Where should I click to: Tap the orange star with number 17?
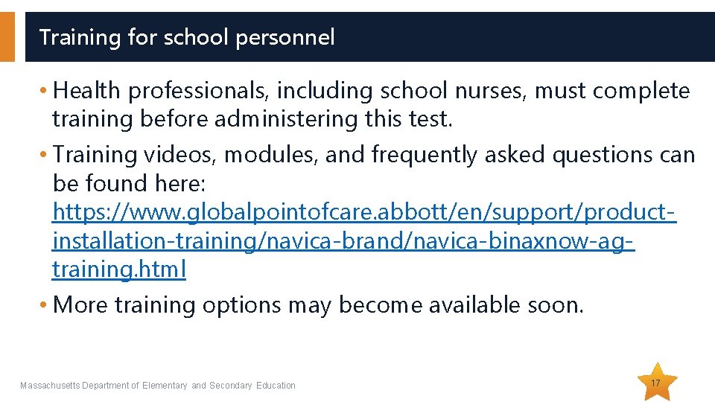point(656,383)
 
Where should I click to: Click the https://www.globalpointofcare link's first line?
point(363,212)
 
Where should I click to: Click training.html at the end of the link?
point(119,269)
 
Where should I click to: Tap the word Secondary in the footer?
point(231,386)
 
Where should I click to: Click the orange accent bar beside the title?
point(7,36)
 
